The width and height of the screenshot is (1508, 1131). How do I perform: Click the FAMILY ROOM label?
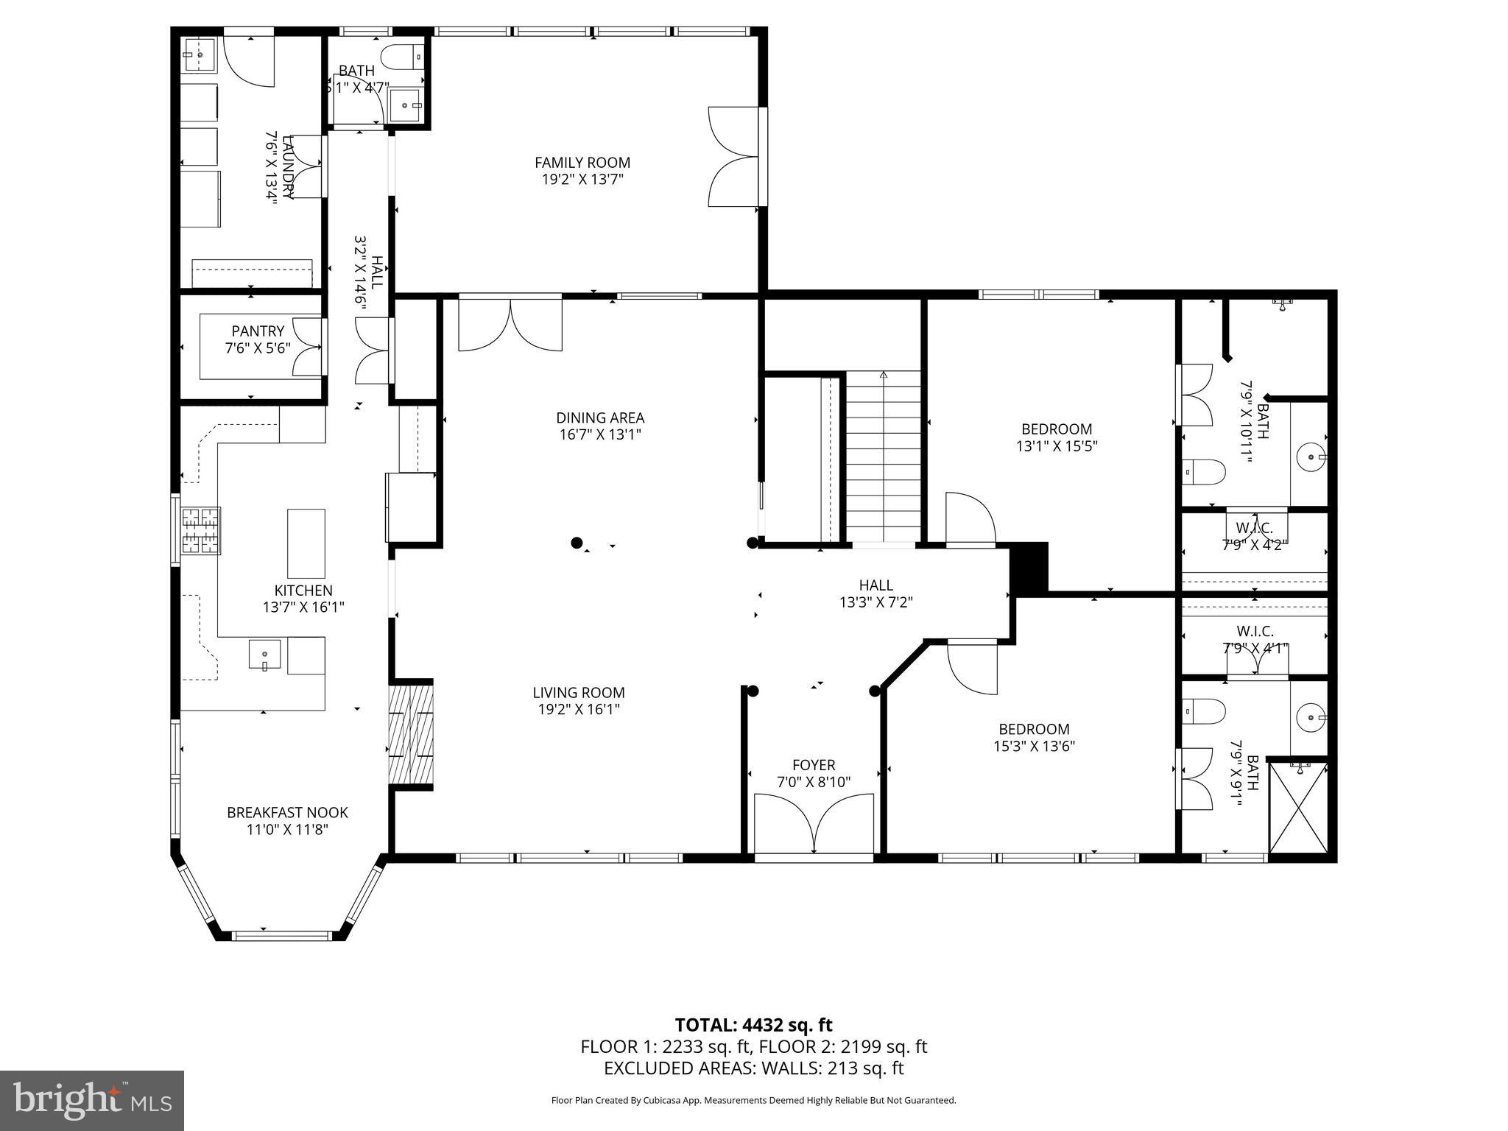point(582,163)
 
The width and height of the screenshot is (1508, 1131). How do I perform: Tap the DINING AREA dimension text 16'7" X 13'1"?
point(599,434)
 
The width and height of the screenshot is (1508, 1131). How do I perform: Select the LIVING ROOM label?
point(578,692)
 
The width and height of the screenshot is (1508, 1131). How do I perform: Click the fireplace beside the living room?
point(410,734)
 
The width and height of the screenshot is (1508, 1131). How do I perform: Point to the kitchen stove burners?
point(200,531)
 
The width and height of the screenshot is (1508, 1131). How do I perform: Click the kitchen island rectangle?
point(306,543)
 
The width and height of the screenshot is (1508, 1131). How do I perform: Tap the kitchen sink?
point(264,655)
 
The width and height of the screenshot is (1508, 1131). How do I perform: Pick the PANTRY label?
point(258,331)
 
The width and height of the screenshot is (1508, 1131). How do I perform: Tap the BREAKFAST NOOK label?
point(287,812)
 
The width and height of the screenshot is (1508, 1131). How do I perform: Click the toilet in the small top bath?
point(402,55)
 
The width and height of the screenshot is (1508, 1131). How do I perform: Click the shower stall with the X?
point(1298,808)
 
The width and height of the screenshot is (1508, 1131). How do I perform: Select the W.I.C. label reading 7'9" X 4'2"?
point(1255,545)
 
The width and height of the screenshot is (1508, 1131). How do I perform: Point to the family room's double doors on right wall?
point(733,156)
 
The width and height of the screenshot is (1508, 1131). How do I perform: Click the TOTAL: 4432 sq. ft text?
point(753,1024)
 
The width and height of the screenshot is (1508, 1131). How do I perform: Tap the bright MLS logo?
point(92,1100)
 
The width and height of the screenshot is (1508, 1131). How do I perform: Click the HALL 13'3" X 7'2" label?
point(875,593)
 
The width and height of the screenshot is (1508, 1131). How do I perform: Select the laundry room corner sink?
point(198,55)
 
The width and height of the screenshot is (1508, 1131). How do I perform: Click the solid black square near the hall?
point(1029,568)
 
